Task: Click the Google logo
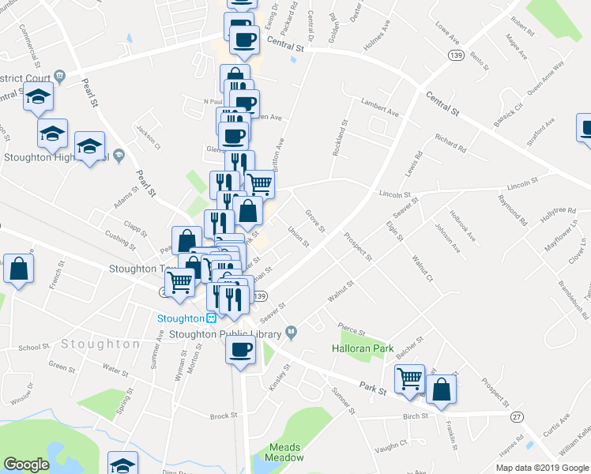pyautogui.click(x=26, y=465)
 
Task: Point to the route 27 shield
pyautogui.click(x=517, y=416)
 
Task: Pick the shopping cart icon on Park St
pyautogui.click(x=409, y=379)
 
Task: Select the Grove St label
pyautogui.click(x=315, y=221)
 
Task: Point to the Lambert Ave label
pyautogui.click(x=380, y=107)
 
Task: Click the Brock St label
pyautogui.click(x=224, y=416)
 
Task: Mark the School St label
pyautogui.click(x=34, y=348)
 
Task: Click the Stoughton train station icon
pyautogui.click(x=212, y=318)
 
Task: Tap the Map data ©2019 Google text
pyautogui.click(x=542, y=468)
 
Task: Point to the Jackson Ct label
pyautogui.click(x=148, y=137)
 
